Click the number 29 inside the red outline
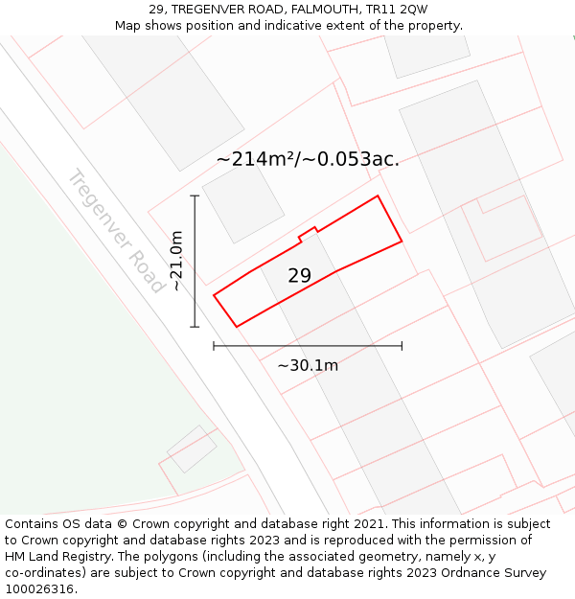299,276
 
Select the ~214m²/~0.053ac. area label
308,159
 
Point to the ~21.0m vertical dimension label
175,261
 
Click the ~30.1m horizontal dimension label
308,365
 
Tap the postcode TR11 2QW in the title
398,10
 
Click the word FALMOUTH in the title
324,10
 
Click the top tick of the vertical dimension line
195,196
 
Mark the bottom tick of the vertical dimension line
195,327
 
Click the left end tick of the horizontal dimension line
214,346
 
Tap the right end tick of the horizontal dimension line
402,346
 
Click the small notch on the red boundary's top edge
308,232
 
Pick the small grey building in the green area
192,449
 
